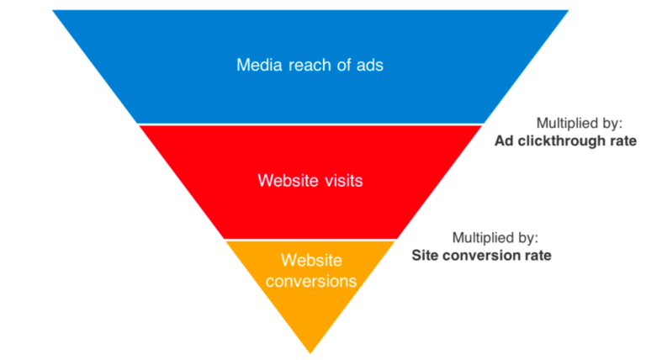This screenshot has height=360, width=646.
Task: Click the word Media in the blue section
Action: pos(257,65)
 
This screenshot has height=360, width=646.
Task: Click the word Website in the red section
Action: pos(287,180)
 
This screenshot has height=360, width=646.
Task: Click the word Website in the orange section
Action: pos(310,261)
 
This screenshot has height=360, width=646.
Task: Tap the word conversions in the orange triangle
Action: pos(310,281)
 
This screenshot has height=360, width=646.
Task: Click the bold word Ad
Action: pos(504,140)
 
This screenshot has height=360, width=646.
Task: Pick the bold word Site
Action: pos(426,256)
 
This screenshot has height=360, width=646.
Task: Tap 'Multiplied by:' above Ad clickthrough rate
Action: pos(580,123)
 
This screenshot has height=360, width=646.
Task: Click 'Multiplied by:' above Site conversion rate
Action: pos(495,238)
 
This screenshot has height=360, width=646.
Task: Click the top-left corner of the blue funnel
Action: pos(53,11)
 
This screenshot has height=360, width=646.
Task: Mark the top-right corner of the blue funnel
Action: pos(569,11)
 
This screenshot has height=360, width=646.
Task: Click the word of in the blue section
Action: pos(342,65)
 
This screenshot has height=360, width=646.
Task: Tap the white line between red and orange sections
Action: pos(310,240)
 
